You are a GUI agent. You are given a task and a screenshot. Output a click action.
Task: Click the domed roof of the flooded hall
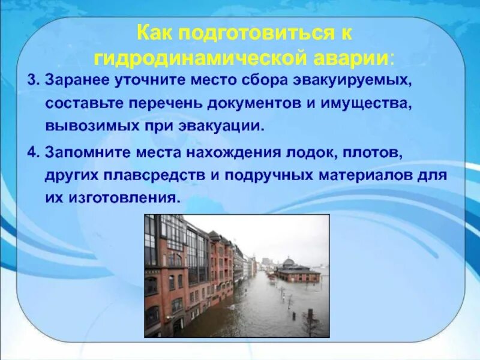click(x=289, y=263)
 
